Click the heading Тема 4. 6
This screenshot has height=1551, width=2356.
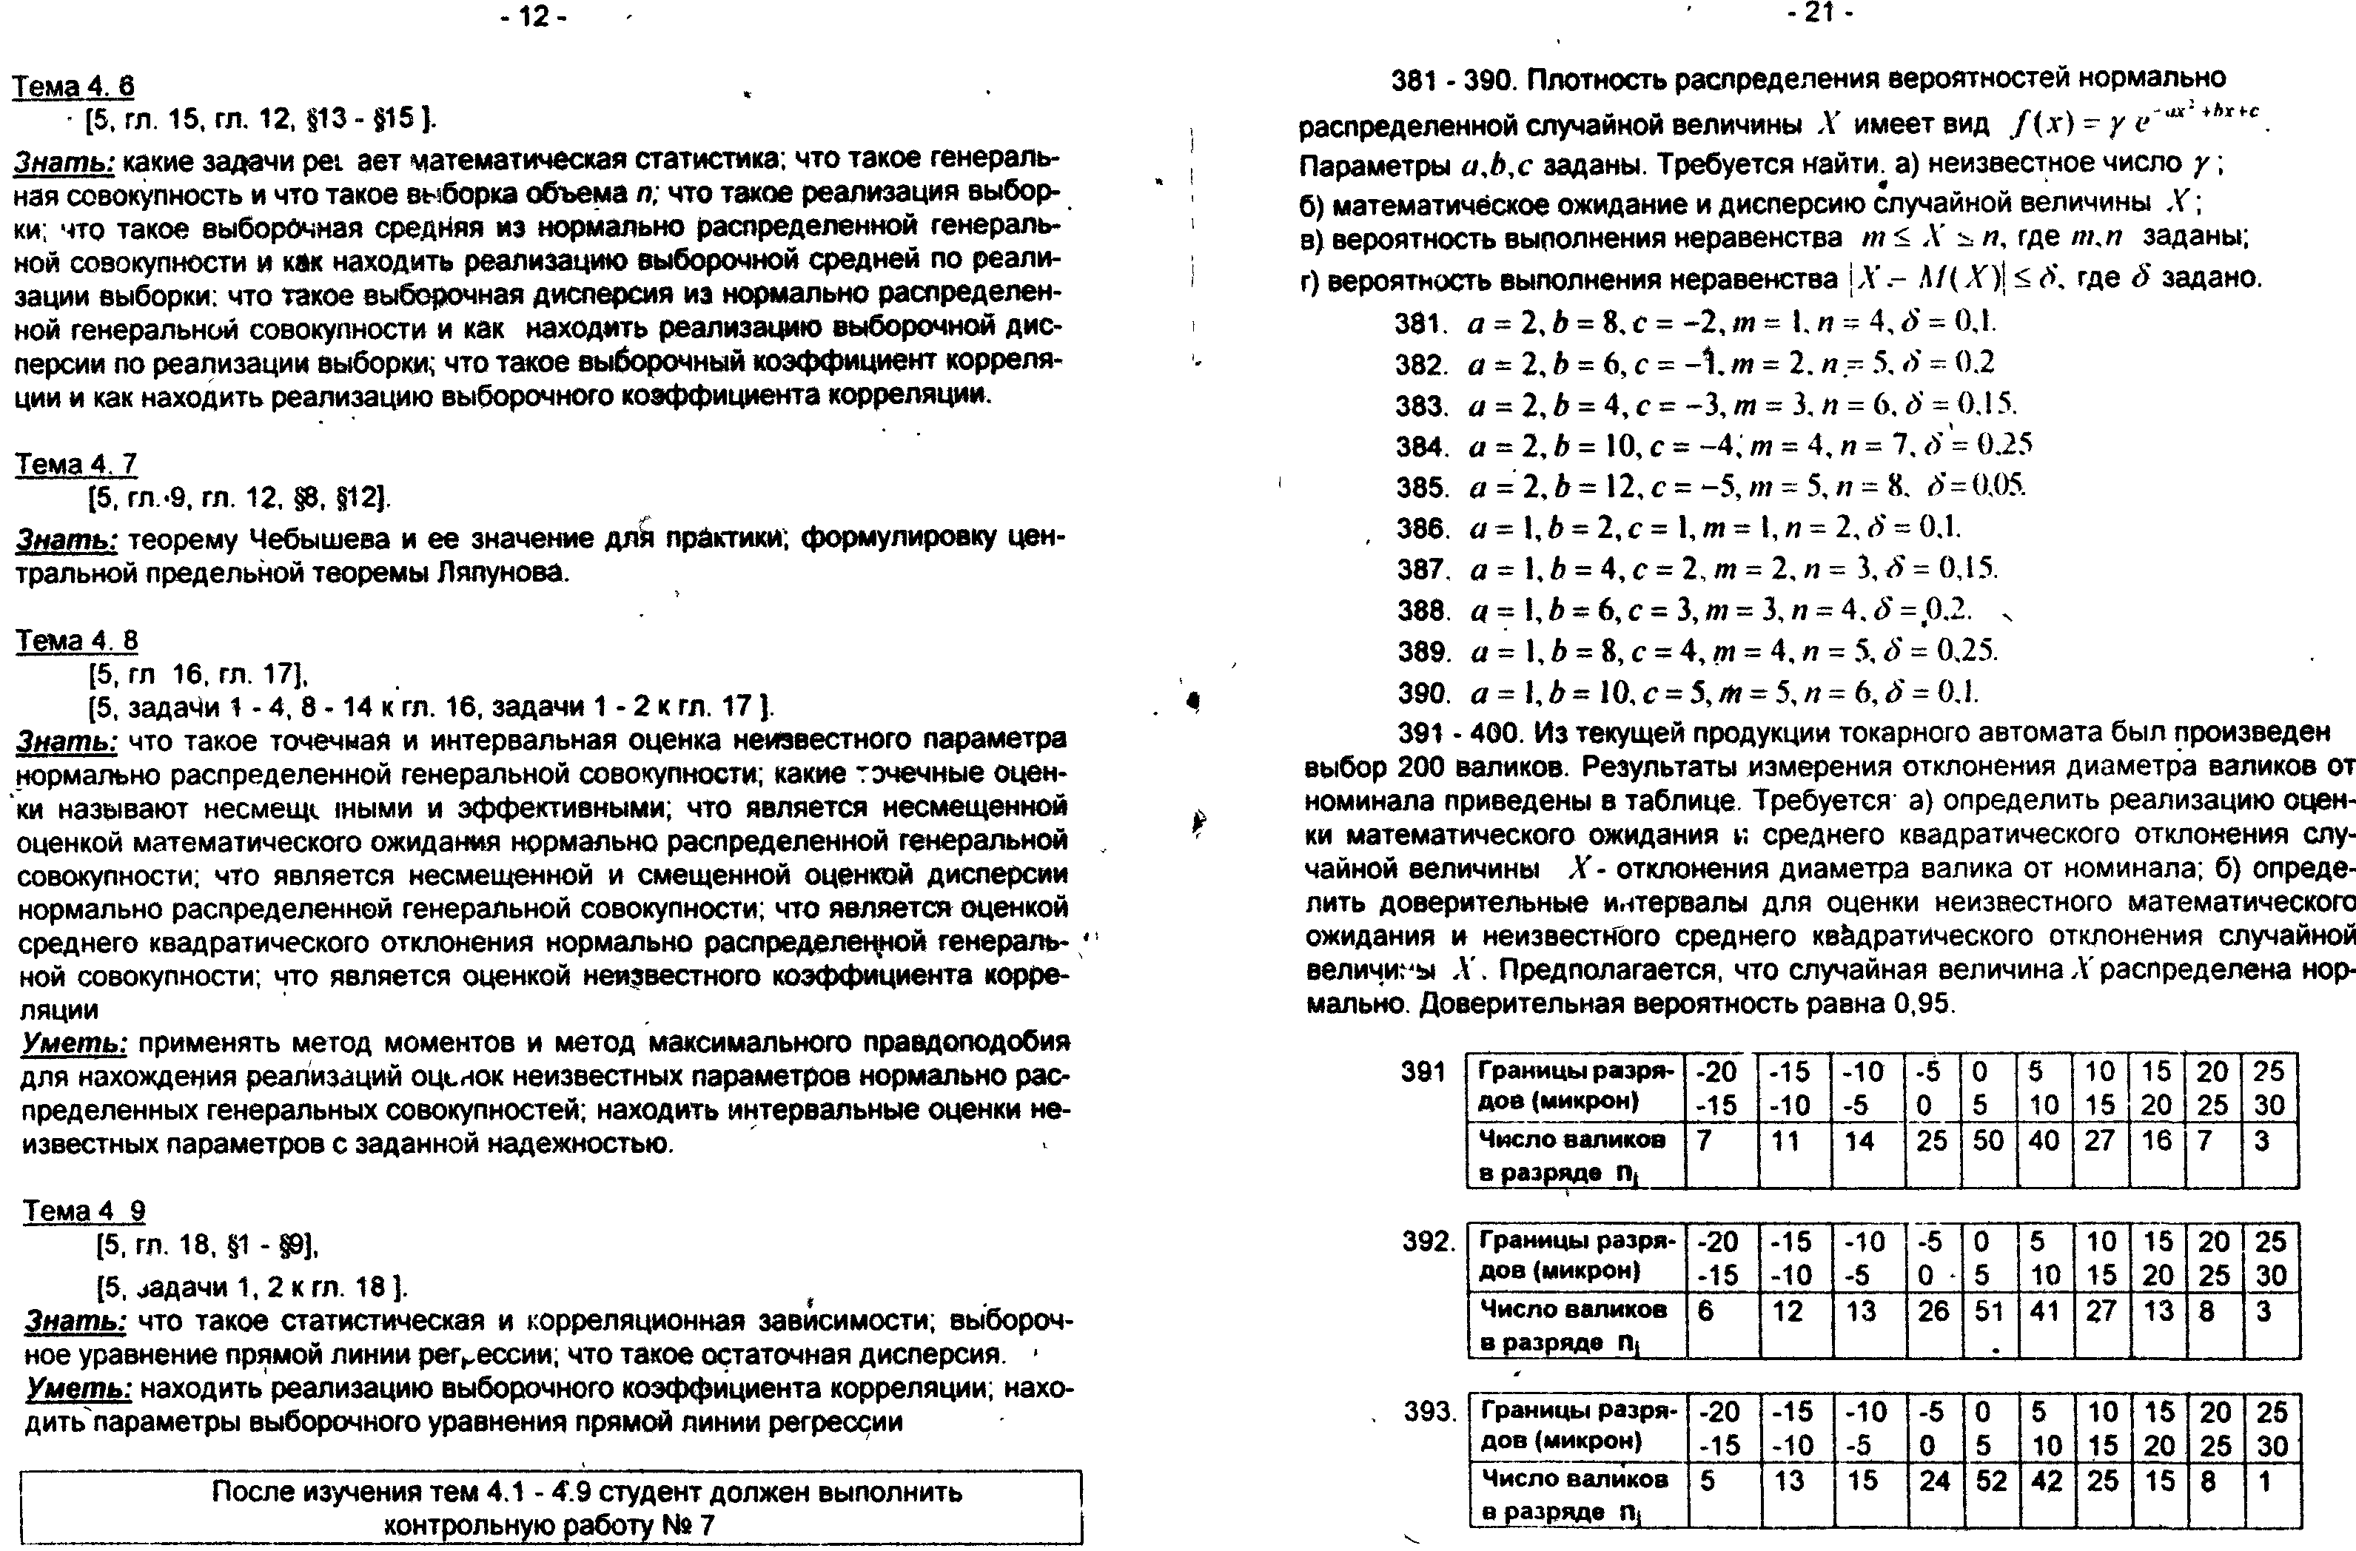73,87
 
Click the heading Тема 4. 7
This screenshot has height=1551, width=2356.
75,463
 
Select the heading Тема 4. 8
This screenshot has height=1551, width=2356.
76,642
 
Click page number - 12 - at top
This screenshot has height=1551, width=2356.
534,17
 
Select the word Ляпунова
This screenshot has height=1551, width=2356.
503,573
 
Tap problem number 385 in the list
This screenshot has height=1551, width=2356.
1421,488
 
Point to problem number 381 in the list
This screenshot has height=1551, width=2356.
1420,323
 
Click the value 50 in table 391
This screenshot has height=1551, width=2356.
1987,1141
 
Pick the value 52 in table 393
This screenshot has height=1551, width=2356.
1991,1481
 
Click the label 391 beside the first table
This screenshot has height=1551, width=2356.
1423,1072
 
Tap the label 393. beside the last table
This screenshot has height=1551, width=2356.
1429,1410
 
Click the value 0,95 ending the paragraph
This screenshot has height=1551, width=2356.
1921,1003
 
